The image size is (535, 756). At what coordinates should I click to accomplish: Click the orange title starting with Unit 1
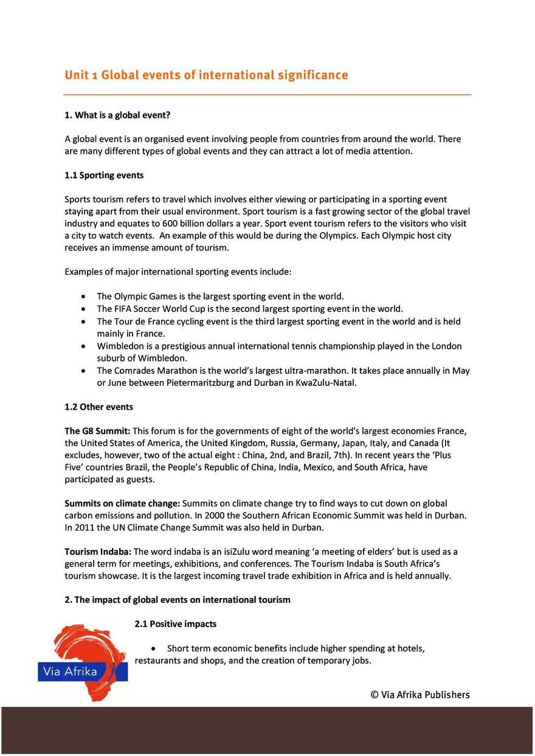point(206,75)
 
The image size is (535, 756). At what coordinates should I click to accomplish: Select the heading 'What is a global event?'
point(117,115)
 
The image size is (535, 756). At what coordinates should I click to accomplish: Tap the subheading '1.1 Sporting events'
point(104,176)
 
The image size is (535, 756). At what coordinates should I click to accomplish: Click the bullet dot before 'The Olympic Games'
point(83,297)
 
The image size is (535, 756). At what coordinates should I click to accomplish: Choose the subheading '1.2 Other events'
point(98,407)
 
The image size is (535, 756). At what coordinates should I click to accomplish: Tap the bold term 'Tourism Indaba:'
point(98,552)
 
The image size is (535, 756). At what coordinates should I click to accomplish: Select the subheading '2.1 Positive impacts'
point(175,624)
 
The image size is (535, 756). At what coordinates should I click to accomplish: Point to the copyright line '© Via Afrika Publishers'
point(420,695)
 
